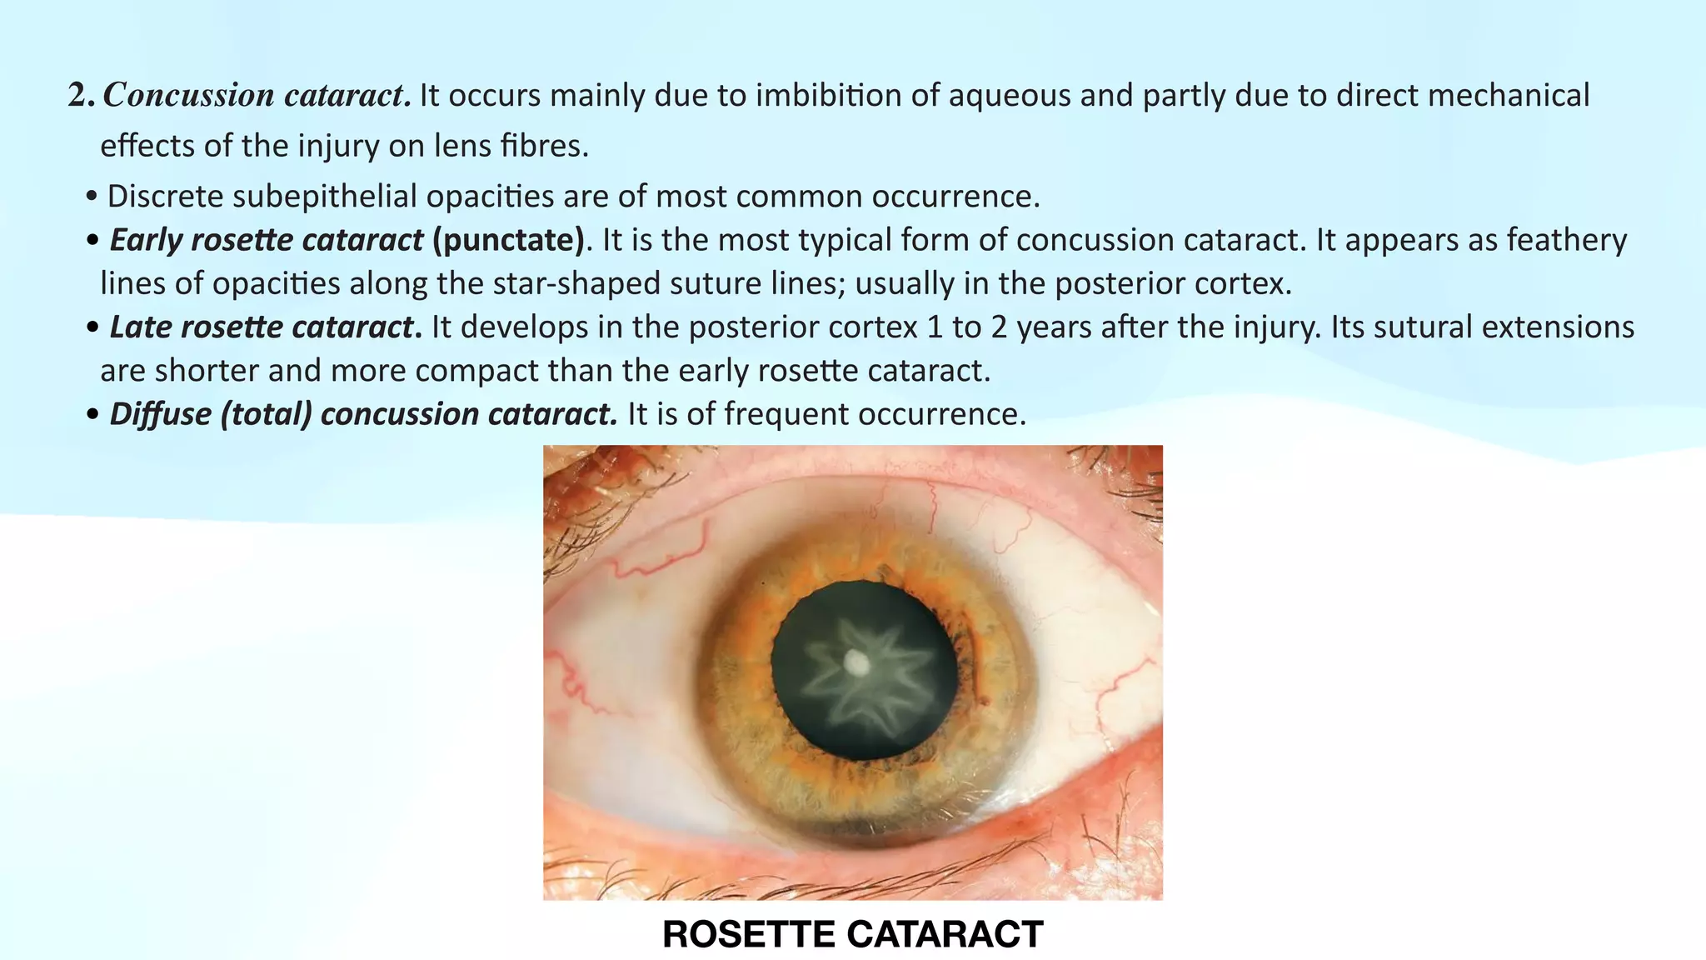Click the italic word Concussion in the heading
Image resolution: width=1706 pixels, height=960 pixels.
coord(188,96)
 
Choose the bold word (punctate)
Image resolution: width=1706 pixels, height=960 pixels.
coord(508,240)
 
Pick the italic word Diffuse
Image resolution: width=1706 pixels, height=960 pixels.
coord(160,414)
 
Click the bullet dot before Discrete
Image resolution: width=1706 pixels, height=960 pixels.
coord(92,198)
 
